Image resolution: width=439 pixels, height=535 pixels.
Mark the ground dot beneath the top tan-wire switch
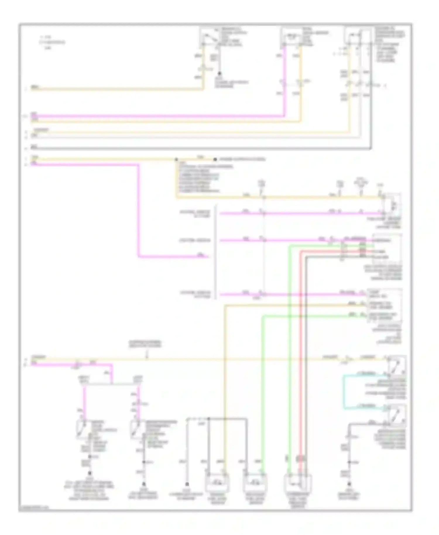coord(219,74)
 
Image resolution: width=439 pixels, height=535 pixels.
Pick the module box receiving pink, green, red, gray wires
coord(387,249)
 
